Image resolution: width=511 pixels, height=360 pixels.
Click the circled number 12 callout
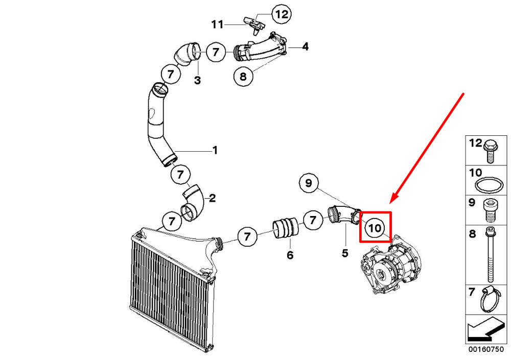tap(282, 14)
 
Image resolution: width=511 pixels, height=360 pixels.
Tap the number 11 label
tap(218, 24)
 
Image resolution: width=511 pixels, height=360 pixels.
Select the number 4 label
tap(305, 47)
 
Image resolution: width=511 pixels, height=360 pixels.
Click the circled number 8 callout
tap(243, 76)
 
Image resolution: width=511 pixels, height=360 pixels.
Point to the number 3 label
tap(197, 80)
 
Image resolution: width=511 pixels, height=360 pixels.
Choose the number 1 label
tap(215, 150)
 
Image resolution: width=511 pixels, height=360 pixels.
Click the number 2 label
tap(212, 198)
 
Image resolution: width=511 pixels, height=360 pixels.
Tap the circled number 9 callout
tap(309, 183)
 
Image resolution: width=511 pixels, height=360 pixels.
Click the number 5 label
tap(345, 252)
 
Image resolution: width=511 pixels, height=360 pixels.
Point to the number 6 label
tap(290, 255)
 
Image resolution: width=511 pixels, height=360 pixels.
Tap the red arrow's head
tap(392, 202)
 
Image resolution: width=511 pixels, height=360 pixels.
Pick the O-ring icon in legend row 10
tap(488, 184)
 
